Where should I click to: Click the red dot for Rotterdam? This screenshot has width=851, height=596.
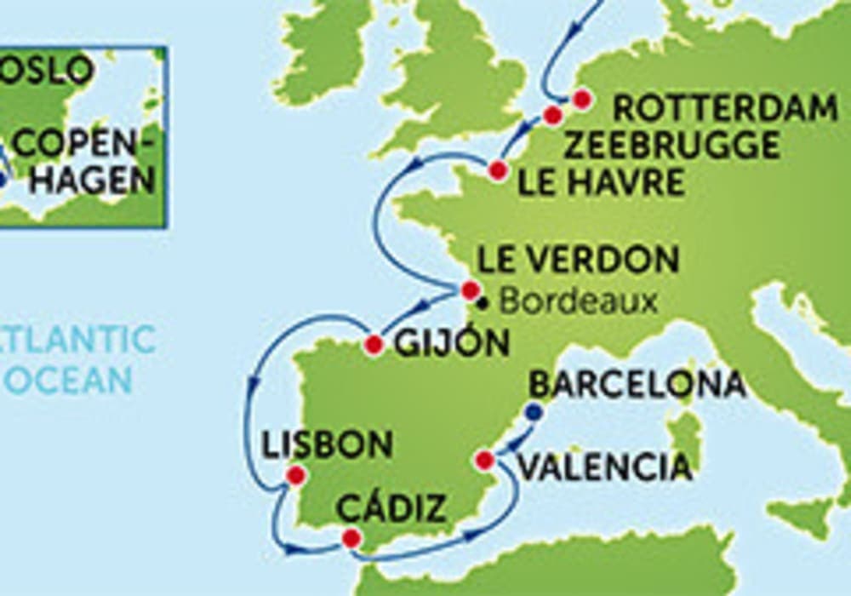(581, 99)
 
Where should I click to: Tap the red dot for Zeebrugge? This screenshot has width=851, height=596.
(553, 115)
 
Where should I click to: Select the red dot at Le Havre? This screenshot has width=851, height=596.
(498, 170)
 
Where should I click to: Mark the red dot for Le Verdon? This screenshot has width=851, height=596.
(471, 290)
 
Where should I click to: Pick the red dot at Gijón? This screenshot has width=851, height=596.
(373, 345)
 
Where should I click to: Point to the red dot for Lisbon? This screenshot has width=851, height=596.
(295, 475)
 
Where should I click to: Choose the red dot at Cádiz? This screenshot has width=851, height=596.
(351, 538)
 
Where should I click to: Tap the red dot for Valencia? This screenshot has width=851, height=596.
(484, 461)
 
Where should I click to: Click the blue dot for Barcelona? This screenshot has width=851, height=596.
(534, 412)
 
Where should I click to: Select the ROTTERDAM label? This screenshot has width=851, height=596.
(725, 109)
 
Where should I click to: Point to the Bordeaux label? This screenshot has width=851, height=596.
(578, 302)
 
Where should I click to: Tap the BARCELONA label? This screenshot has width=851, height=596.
(637, 385)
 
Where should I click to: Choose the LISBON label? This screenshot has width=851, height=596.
(328, 444)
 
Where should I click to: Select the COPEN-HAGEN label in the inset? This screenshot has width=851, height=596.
(85, 162)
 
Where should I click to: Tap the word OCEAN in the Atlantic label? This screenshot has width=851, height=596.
(68, 380)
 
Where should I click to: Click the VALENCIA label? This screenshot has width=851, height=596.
(604, 467)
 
